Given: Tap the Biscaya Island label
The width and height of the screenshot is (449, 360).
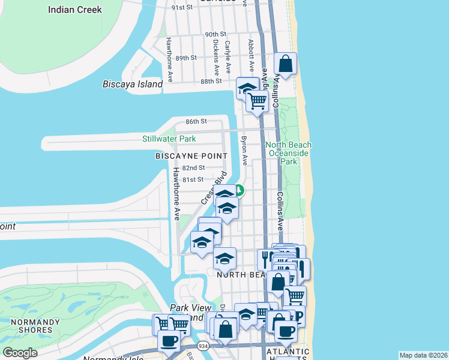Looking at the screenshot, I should tap(133, 84).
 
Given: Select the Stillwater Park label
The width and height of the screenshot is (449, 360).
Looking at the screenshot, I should tap(169, 139).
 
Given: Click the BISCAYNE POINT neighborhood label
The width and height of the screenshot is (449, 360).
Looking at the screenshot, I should tap(191, 156).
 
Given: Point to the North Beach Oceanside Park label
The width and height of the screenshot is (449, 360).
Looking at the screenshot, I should tap(289, 153).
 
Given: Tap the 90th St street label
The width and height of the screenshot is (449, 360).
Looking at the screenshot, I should tap(214, 35).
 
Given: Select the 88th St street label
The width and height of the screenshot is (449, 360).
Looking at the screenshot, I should tap(211, 81).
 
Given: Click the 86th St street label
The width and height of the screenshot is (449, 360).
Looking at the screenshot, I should tap(196, 121).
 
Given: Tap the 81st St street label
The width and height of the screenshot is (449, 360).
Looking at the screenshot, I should tap(193, 179).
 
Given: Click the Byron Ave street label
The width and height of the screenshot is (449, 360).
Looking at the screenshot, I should tap(244, 151).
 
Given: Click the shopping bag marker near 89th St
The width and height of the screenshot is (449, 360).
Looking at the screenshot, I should tap(286, 63).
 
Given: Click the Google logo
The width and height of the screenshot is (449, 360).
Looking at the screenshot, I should tap(20, 353).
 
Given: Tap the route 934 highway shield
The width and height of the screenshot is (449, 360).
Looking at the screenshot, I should tap(204, 346).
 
